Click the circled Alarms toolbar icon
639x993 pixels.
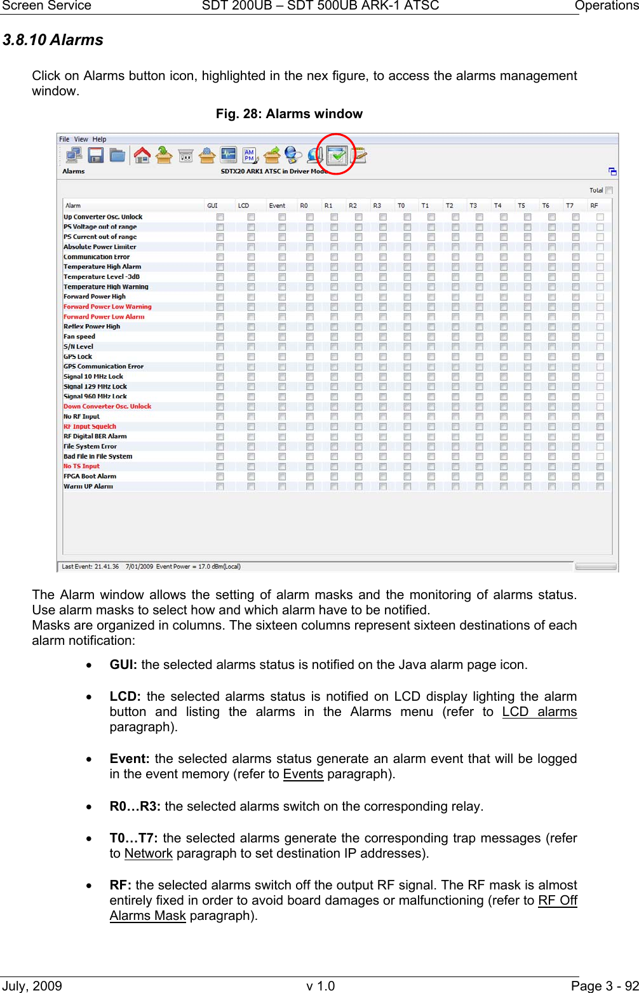(x=337, y=155)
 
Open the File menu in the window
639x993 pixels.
(x=64, y=139)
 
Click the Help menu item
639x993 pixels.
(x=99, y=139)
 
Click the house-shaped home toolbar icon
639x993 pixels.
(x=142, y=155)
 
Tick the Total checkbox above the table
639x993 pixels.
(x=609, y=190)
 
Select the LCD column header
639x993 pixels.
(x=243, y=206)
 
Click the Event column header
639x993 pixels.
(x=277, y=206)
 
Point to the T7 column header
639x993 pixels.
(x=570, y=206)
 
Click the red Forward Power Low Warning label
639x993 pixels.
(x=107, y=307)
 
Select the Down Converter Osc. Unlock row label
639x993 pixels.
(x=107, y=407)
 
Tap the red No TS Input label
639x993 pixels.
(x=81, y=466)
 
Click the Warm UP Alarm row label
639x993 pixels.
(x=88, y=487)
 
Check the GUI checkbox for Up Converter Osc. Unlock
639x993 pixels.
(x=220, y=217)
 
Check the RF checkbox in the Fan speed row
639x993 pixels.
(x=600, y=337)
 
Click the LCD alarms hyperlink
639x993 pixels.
(x=539, y=712)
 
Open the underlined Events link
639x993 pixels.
(x=303, y=774)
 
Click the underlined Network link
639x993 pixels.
(x=148, y=854)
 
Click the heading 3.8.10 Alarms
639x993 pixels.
(x=53, y=40)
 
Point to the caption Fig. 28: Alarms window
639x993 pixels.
(x=289, y=114)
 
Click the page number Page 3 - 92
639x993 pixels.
(x=604, y=986)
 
